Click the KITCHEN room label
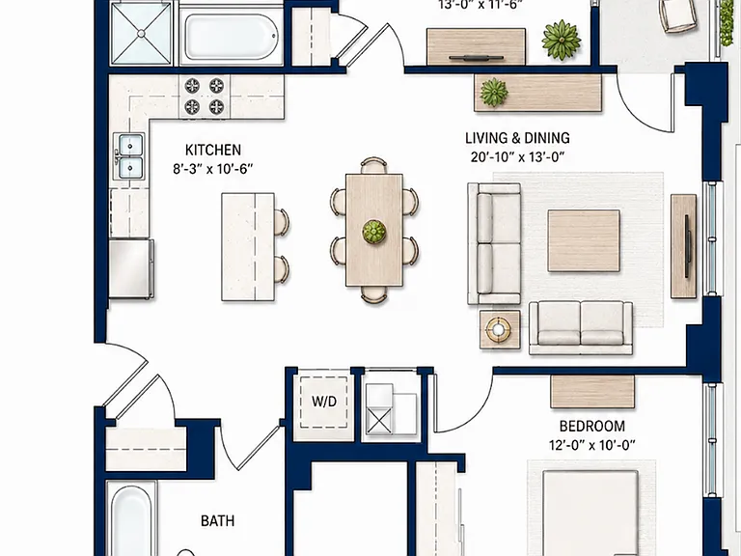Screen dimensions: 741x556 tap(212, 150)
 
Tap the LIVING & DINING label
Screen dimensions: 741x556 tap(517, 138)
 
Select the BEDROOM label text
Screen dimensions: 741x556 tap(592, 426)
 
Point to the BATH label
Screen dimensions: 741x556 tap(217, 521)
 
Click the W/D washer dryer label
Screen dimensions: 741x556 tap(324, 402)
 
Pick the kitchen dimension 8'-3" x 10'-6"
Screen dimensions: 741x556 tap(212, 169)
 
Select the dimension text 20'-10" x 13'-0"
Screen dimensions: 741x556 tap(517, 156)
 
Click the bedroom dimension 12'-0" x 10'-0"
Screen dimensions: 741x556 tap(592, 445)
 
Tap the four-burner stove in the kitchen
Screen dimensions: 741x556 tap(205, 97)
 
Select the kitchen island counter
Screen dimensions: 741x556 tap(248, 247)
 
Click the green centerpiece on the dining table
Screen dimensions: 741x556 tap(374, 232)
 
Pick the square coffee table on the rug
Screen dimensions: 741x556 tap(584, 240)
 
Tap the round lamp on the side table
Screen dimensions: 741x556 tap(499, 329)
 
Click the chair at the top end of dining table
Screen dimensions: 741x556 tap(373, 165)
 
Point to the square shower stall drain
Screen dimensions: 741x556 tap(141, 33)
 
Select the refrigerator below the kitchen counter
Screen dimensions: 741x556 tap(131, 268)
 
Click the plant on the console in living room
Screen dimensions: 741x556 tap(494, 93)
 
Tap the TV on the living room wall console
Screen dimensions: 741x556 tap(688, 246)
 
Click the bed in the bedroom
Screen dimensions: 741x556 tap(590, 513)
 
